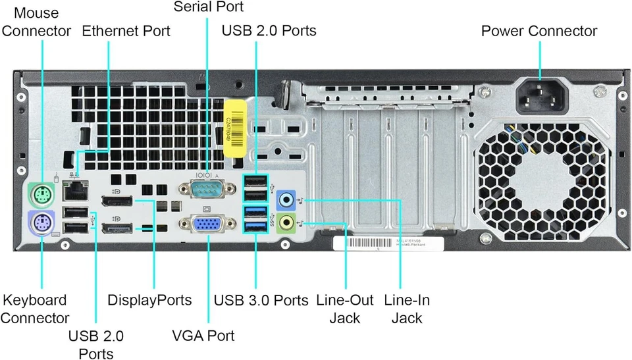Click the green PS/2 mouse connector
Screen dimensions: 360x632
click(x=41, y=193)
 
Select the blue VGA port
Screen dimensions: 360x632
click(x=207, y=224)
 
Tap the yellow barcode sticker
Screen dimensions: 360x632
click(x=235, y=128)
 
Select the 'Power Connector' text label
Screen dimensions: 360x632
click(x=539, y=31)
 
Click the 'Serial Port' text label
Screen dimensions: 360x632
click(x=208, y=7)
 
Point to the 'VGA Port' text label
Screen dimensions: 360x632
click(x=203, y=336)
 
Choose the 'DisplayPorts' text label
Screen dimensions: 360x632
click(x=149, y=300)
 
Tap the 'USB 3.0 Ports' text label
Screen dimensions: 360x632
click(x=261, y=301)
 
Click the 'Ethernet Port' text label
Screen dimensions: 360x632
click(x=126, y=31)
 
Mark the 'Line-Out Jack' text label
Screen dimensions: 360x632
click(x=344, y=309)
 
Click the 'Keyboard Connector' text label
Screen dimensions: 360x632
click(x=35, y=309)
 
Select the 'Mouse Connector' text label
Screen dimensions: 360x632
click(x=36, y=22)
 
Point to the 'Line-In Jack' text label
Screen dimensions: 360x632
click(x=406, y=309)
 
